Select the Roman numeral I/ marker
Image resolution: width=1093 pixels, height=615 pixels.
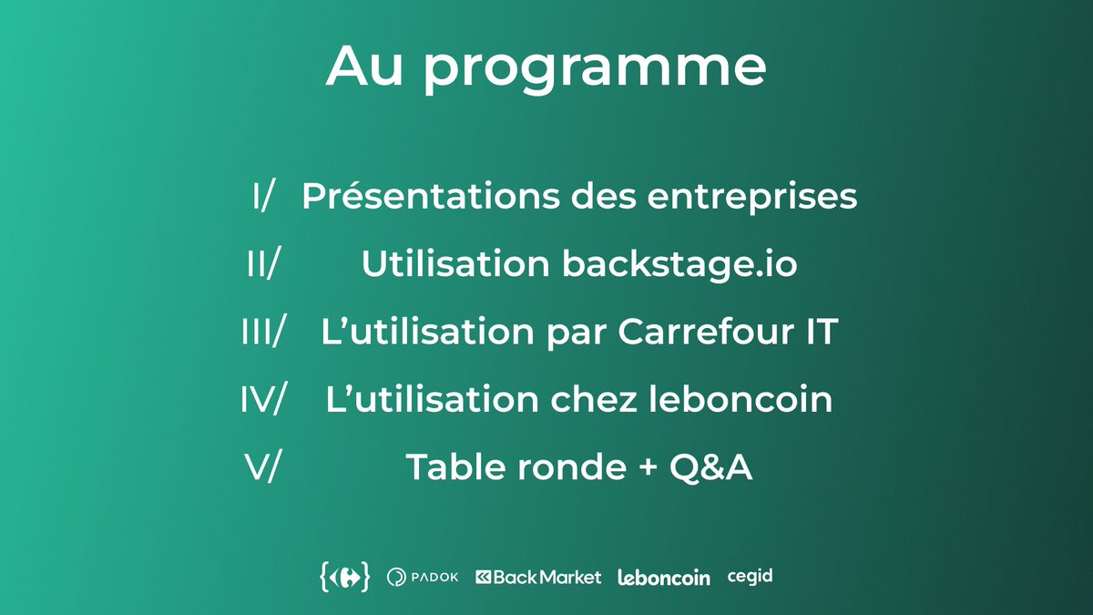coord(263,197)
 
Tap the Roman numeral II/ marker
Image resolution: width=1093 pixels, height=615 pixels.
coord(263,265)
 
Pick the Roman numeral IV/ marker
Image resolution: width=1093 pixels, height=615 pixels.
coord(263,400)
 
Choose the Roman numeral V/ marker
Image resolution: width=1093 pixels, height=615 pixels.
coord(263,467)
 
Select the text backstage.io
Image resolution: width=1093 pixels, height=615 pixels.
coord(679,265)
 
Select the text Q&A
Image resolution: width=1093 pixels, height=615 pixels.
coord(710,467)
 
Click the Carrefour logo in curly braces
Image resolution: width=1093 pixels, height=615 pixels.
coord(345,577)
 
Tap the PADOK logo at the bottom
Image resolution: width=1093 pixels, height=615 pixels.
coord(423,577)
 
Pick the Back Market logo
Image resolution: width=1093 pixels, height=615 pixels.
coord(538,577)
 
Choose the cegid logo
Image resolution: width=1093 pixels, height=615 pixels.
coord(750,577)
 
